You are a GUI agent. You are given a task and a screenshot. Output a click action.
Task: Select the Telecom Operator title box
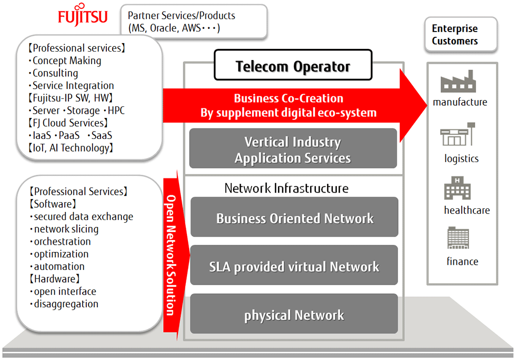293,67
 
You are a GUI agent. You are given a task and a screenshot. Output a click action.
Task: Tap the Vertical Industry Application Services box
293,149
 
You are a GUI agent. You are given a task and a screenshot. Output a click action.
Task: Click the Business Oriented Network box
294,218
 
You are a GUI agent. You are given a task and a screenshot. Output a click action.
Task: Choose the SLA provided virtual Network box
294,266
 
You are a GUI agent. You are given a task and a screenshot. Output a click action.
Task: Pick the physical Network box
294,315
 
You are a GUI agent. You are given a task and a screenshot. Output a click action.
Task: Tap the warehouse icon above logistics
458,135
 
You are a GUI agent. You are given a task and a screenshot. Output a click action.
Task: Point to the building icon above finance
458,238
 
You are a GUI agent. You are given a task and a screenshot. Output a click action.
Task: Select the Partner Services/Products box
193,22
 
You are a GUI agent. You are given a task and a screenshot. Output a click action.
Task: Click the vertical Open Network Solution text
171,255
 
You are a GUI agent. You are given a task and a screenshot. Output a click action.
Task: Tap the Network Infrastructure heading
286,188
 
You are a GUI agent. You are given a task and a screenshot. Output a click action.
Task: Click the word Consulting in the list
55,73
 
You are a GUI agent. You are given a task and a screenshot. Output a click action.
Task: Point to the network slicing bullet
66,229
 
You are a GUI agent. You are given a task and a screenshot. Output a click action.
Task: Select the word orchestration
62,242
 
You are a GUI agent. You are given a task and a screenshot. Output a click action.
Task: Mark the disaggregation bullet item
66,304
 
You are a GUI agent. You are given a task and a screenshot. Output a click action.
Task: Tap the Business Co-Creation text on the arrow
289,98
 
